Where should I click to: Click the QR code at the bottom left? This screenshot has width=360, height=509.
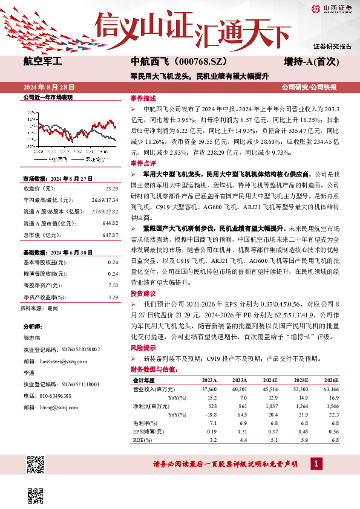click(36, 466)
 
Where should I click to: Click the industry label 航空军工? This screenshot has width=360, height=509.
click(39, 61)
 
